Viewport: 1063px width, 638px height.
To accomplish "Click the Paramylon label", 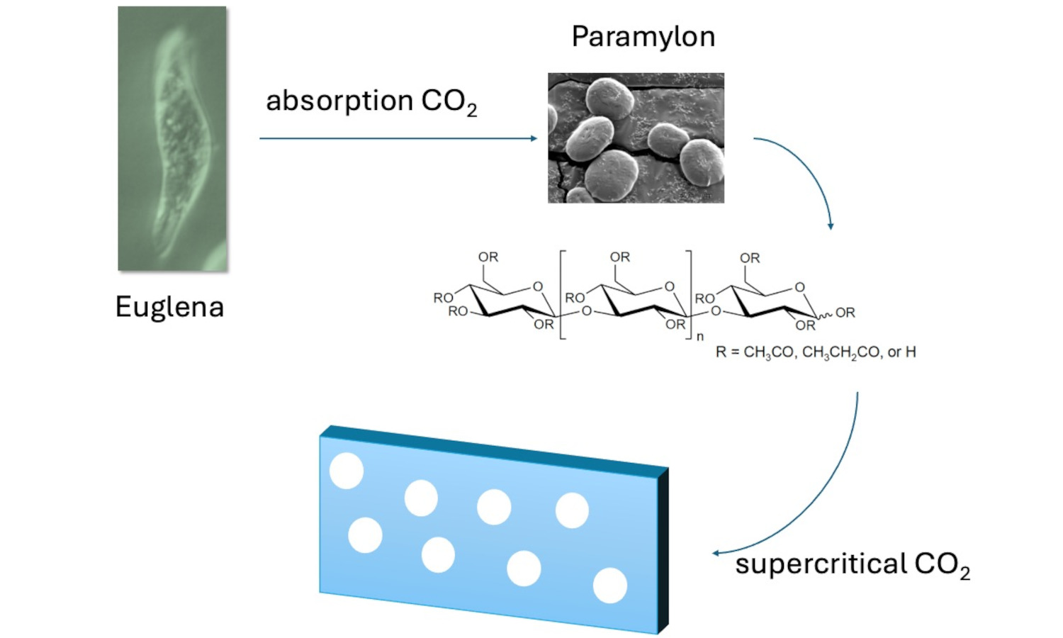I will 643,37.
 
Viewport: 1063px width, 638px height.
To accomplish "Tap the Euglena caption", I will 169,307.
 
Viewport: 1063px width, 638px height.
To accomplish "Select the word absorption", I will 339,101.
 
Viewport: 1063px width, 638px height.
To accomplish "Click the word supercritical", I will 821,564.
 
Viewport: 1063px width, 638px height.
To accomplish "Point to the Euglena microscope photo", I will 172,138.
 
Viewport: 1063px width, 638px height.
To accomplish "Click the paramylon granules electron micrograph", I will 636,138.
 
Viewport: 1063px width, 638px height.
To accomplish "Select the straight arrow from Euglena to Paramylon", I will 398,138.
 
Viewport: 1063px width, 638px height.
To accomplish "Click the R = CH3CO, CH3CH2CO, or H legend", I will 815,352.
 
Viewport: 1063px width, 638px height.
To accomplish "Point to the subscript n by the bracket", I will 699,337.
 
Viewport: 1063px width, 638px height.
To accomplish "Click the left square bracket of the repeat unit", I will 562,294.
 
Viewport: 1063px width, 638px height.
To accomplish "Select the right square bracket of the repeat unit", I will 689,294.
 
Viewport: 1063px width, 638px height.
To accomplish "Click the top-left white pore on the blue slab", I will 347,471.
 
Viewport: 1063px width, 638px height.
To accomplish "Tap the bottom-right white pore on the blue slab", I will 609,586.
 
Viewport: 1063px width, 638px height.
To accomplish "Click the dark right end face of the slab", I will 663,549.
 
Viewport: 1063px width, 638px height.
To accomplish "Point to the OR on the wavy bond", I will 845,313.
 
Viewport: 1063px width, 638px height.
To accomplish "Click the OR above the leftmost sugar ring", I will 488,257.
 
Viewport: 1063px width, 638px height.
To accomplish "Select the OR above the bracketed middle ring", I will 619,257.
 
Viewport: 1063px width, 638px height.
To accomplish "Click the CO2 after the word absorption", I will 449,102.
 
